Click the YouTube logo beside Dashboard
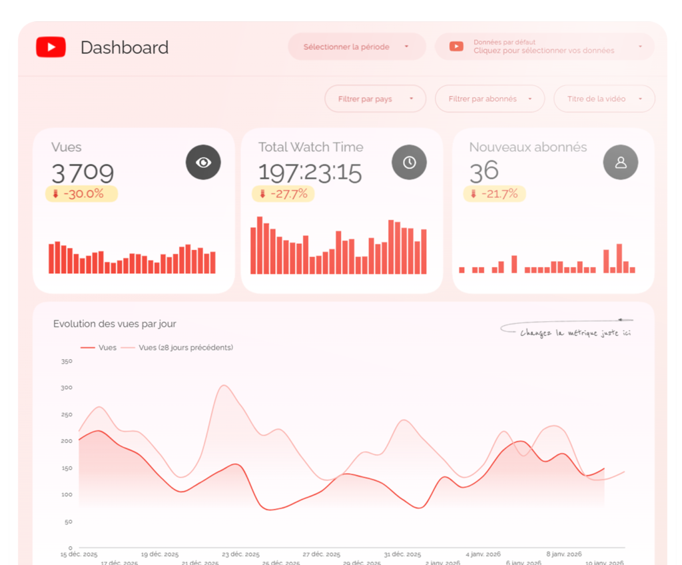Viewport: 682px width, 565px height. [x=51, y=47]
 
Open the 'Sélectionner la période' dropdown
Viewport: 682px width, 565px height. [x=356, y=47]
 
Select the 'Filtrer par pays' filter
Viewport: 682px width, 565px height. [x=374, y=99]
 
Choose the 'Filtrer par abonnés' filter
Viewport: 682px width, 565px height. [x=489, y=99]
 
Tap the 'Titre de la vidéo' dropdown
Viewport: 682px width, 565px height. [x=603, y=99]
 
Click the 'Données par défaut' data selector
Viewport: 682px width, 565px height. [x=544, y=47]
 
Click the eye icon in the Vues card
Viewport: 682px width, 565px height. [x=203, y=163]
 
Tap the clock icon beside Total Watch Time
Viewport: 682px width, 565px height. [x=409, y=163]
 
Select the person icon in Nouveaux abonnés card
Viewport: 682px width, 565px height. [x=620, y=163]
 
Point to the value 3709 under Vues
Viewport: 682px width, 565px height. [x=83, y=173]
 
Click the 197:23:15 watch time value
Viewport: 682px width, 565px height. [x=310, y=173]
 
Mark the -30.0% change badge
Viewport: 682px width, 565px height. [x=81, y=194]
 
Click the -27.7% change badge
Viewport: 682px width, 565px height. [x=283, y=194]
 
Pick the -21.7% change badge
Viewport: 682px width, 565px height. [x=494, y=194]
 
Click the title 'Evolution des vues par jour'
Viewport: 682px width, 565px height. [x=115, y=324]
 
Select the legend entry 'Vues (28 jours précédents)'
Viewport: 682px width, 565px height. [x=185, y=347]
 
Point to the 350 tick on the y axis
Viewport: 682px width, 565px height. [x=66, y=361]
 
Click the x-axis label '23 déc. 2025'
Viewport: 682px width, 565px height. [x=240, y=554]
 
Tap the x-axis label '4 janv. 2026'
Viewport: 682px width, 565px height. [x=484, y=554]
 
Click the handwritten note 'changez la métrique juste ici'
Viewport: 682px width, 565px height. [x=575, y=332]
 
